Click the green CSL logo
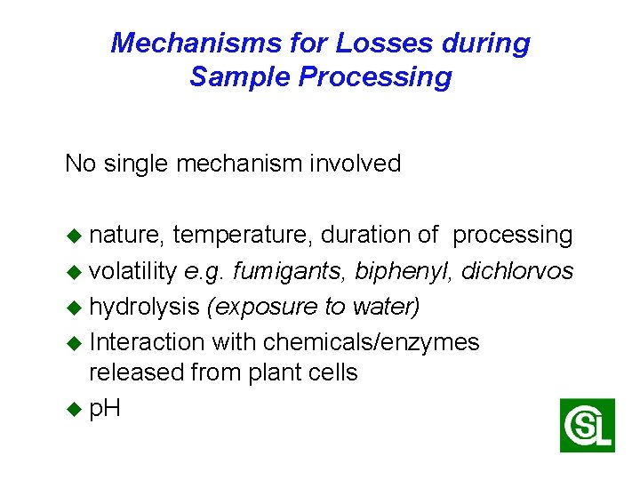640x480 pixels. tap(587, 425)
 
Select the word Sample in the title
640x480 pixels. tap(240, 77)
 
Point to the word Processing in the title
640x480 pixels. tap(375, 77)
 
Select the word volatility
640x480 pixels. tap(133, 271)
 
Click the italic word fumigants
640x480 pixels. tap(290, 271)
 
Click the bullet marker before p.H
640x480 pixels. tap(74, 410)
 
